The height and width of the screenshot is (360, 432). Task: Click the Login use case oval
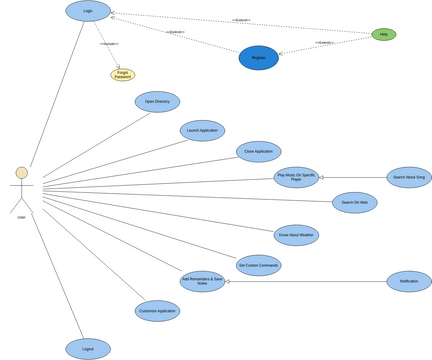88,11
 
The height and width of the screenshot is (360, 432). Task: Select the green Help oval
384,34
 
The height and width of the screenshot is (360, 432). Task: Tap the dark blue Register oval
259,58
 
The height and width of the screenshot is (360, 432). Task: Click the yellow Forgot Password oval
122,75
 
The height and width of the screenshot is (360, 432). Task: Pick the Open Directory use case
157,102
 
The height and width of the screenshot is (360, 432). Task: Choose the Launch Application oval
202,131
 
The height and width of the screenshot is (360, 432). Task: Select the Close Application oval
258,152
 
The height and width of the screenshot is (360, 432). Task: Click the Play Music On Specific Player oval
296,178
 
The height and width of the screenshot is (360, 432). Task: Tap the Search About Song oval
408,178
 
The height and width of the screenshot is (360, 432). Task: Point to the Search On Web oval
354,203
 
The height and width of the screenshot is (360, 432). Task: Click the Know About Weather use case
296,235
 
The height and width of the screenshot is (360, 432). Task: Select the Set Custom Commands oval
258,265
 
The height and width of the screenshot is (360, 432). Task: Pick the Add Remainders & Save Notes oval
202,281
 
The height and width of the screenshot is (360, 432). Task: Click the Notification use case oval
408,281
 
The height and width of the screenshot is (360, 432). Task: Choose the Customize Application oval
157,311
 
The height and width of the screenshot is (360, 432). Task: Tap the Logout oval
88,349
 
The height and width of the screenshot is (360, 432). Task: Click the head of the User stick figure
21,173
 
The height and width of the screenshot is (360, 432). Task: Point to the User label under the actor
21,217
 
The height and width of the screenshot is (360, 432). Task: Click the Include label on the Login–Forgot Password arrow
109,44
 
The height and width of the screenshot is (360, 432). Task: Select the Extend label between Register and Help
325,43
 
